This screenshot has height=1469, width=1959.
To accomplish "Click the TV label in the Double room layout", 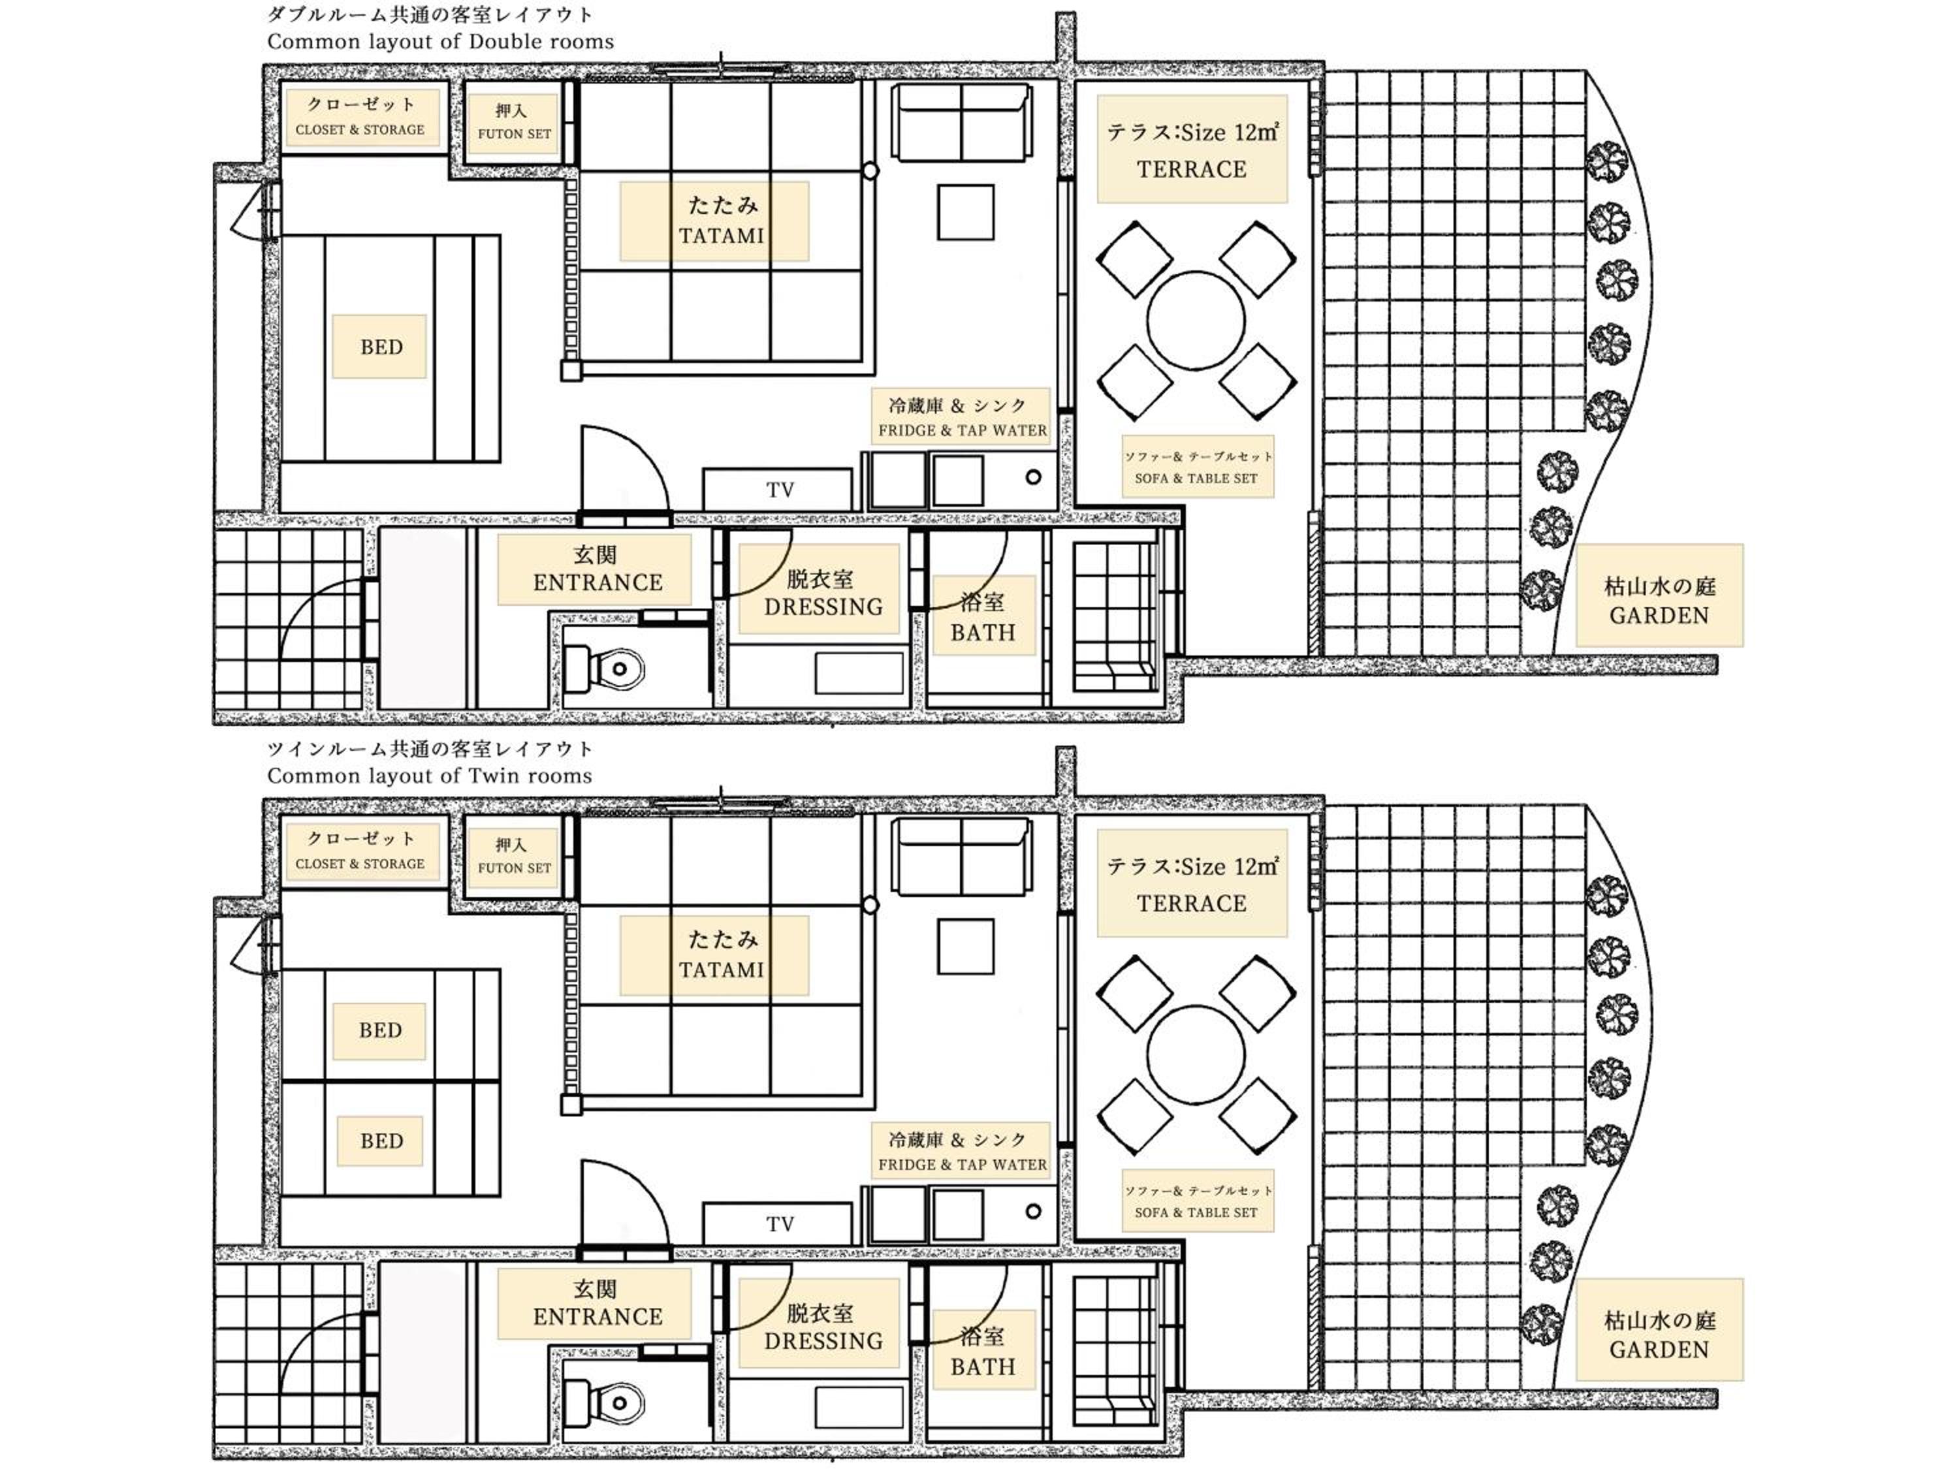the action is pyautogui.click(x=779, y=490).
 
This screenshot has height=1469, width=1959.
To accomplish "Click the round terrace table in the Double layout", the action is pyautogui.click(x=1196, y=321).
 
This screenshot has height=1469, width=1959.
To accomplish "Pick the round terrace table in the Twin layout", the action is pyautogui.click(x=1196, y=1054).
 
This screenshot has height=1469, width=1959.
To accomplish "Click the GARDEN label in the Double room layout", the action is pyautogui.click(x=1659, y=616).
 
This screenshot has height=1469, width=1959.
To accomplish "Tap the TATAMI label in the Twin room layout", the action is pyautogui.click(x=721, y=970).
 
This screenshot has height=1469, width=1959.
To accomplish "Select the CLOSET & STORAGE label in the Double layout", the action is pyautogui.click(x=360, y=129).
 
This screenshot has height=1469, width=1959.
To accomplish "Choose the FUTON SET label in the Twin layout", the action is pyautogui.click(x=515, y=868).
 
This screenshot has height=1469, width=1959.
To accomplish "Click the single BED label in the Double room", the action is pyautogui.click(x=381, y=347).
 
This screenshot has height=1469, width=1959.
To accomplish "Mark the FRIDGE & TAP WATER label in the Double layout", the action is pyautogui.click(x=963, y=430).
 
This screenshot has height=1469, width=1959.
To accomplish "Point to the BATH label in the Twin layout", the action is pyautogui.click(x=983, y=1367).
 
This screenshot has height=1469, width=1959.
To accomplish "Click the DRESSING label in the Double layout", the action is pyautogui.click(x=823, y=607).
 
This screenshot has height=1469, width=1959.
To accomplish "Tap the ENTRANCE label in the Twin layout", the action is pyautogui.click(x=597, y=1317).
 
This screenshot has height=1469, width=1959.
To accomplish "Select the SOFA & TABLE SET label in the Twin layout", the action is pyautogui.click(x=1196, y=1212).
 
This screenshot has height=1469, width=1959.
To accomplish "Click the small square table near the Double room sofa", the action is pyautogui.click(x=965, y=212).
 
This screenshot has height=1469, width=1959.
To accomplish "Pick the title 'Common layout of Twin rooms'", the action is pyautogui.click(x=430, y=776).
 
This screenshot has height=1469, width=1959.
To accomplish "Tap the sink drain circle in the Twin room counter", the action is pyautogui.click(x=1032, y=1211).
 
